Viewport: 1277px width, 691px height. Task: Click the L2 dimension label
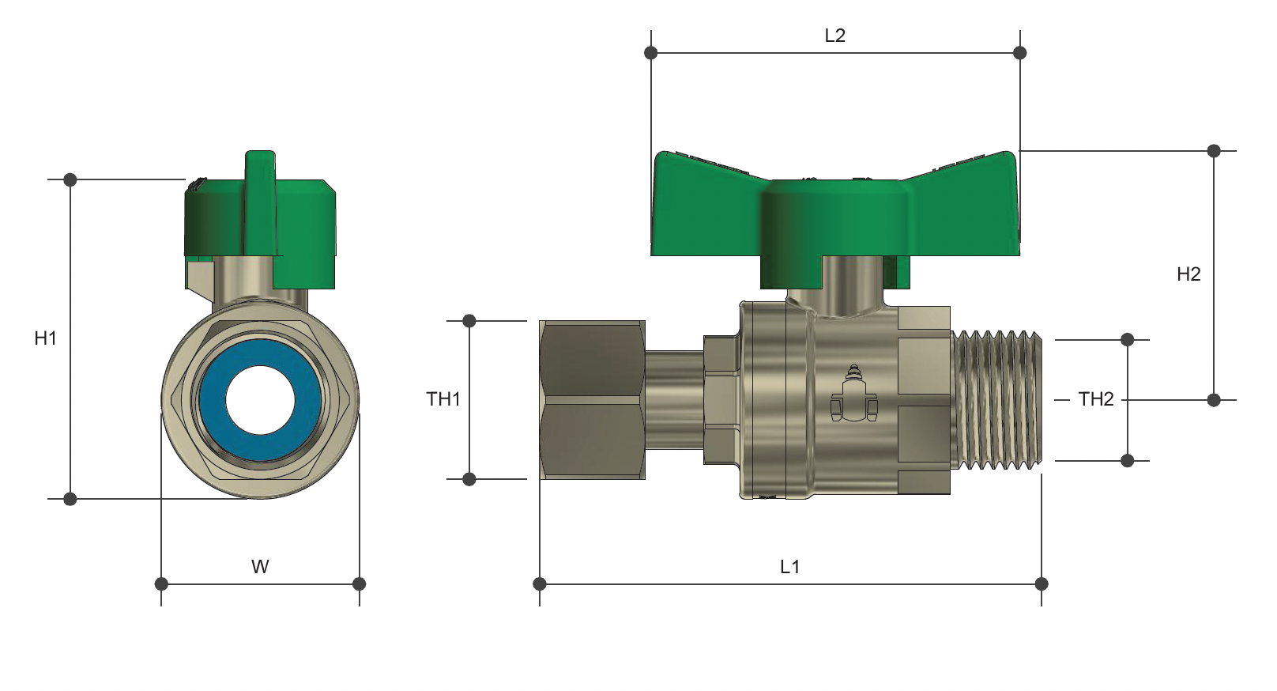[x=834, y=36]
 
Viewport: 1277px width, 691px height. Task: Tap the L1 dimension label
[x=789, y=567]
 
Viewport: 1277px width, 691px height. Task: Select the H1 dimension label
[x=46, y=338]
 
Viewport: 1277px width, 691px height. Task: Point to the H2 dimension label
[x=1188, y=274]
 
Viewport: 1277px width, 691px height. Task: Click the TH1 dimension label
[x=443, y=398]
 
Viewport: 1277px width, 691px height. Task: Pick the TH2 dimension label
[x=1096, y=398]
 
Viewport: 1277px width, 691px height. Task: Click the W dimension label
[x=260, y=567]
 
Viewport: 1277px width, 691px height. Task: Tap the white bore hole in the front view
[x=260, y=400]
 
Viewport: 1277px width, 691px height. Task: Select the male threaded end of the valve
[x=996, y=400]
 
